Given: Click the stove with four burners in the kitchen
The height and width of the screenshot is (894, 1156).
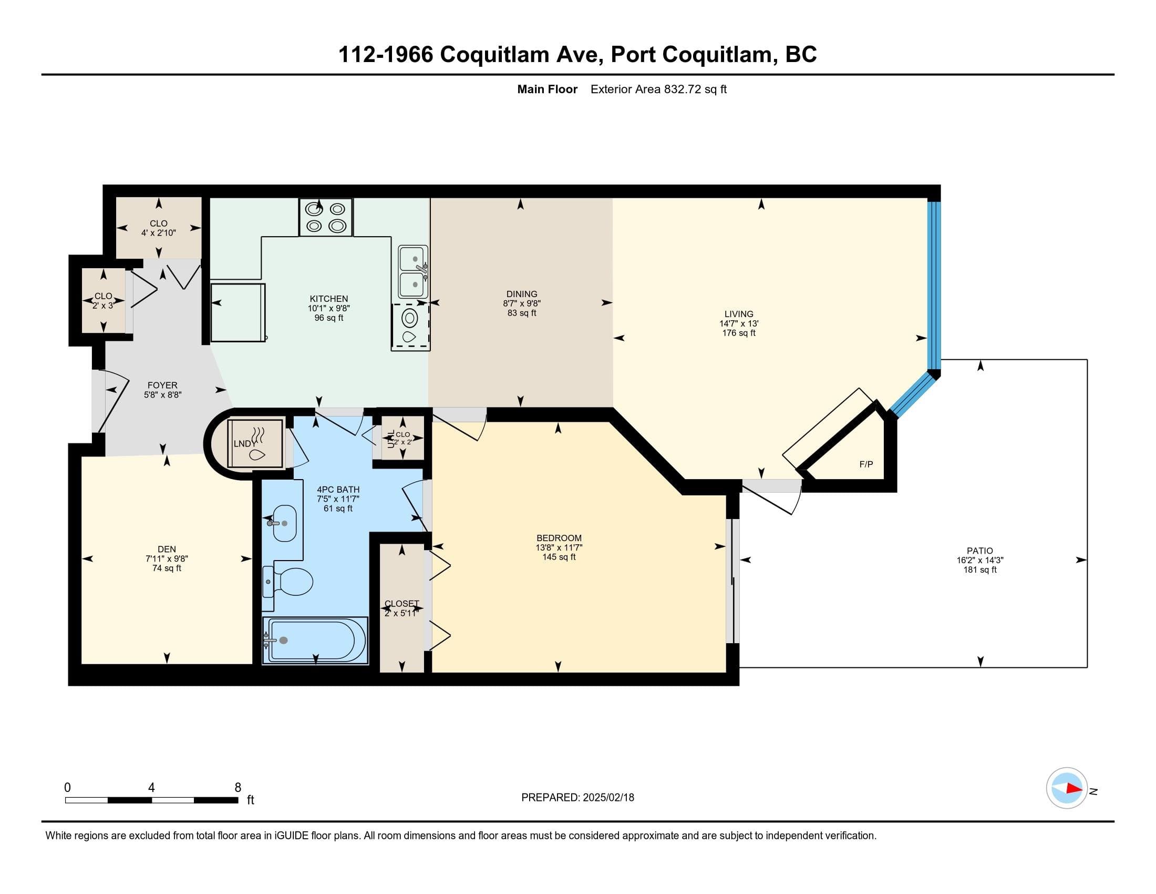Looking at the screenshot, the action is (326, 217).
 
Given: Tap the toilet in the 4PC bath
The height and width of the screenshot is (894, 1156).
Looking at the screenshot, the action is (288, 581).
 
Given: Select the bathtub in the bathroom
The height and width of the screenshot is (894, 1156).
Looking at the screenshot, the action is (315, 640).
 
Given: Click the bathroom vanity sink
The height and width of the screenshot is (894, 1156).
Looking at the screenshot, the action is (283, 523).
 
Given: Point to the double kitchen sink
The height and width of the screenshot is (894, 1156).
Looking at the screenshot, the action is (414, 271).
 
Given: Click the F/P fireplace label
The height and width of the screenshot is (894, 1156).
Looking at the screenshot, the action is (866, 464).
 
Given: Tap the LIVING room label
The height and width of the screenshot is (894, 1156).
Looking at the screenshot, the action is (738, 314).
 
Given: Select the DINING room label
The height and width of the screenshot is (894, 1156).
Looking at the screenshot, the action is (522, 294).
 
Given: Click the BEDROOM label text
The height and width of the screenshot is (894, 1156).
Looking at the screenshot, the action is (559, 538).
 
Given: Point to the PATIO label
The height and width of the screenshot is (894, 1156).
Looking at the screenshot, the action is (980, 551).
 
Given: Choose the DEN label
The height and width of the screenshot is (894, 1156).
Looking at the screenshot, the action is (167, 549).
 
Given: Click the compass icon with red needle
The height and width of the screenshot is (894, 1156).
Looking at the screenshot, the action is (1067, 788).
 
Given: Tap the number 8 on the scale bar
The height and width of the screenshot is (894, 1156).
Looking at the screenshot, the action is (238, 787).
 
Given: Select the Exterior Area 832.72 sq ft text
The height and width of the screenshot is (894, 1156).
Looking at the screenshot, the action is (658, 89).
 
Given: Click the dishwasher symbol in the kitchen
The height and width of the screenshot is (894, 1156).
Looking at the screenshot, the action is (410, 327).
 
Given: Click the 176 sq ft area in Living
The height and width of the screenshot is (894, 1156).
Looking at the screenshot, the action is (739, 333).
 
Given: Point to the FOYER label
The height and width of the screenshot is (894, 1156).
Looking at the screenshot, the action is (162, 385).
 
